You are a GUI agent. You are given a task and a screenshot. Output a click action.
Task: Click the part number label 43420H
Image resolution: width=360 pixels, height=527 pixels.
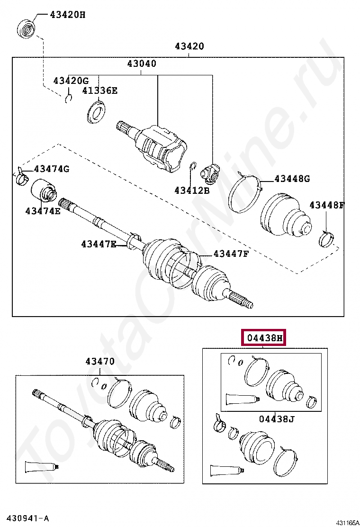pyautogui.click(x=68, y=15)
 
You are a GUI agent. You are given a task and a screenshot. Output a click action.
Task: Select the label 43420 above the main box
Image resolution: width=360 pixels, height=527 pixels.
pyautogui.click(x=189, y=46)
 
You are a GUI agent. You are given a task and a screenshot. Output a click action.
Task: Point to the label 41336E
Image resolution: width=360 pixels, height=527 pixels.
pyautogui.click(x=99, y=90)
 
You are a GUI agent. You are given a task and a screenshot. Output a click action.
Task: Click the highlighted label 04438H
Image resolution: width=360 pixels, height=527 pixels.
pyautogui.click(x=264, y=338)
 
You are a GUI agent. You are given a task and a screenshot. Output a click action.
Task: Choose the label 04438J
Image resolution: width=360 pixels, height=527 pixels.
pyautogui.click(x=277, y=419)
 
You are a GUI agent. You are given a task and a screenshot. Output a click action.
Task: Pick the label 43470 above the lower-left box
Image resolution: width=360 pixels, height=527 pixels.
pyautogui.click(x=100, y=362)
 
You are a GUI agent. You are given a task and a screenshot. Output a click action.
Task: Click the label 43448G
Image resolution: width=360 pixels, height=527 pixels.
pyautogui.click(x=292, y=179)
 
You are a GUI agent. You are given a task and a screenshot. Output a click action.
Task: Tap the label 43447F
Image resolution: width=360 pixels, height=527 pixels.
pyautogui.click(x=231, y=254)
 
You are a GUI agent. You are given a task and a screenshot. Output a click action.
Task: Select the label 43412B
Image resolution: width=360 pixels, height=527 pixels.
pyautogui.click(x=191, y=191)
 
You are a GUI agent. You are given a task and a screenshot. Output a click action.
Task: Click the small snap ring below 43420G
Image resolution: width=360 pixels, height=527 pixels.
pyautogui.click(x=69, y=98)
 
